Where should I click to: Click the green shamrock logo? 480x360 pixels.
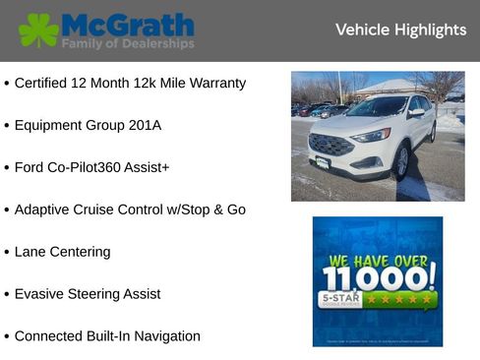[x=38, y=30]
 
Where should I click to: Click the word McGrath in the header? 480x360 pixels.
[x=127, y=25]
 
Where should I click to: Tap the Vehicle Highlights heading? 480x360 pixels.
[x=400, y=30]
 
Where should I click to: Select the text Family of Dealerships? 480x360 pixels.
[x=128, y=44]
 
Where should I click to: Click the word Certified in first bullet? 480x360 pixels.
[x=42, y=84]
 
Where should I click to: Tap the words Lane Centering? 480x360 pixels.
[x=62, y=252]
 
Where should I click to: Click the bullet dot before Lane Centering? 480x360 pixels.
[x=7, y=253]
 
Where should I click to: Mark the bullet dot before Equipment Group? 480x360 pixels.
[x=7, y=127]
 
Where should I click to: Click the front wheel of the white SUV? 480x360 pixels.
[x=400, y=163]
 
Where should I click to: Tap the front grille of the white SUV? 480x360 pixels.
[x=331, y=146]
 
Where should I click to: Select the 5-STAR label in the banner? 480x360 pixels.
[x=340, y=296]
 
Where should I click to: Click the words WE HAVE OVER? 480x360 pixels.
[x=378, y=261]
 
